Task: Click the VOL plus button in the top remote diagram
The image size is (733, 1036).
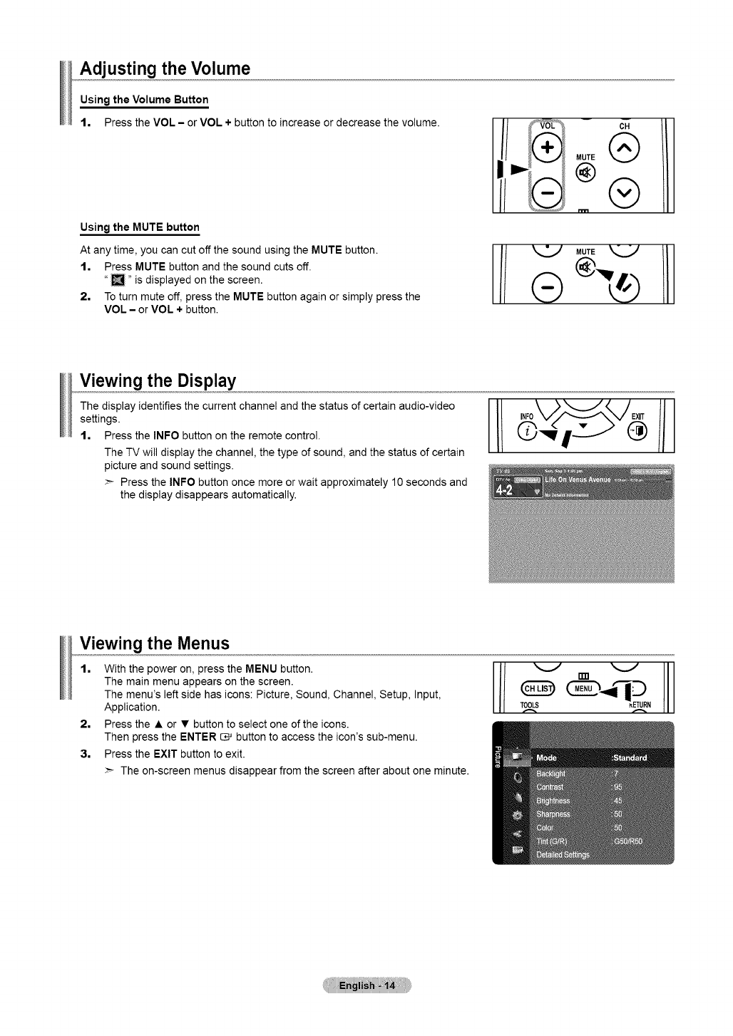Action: tap(548, 148)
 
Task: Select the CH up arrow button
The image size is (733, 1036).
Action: tap(625, 148)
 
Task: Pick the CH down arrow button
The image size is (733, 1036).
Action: tap(625, 190)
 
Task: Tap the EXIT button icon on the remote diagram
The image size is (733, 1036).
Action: tap(637, 432)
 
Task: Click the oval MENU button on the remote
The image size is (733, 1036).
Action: tap(584, 689)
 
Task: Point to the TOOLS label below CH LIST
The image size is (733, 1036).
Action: tap(529, 706)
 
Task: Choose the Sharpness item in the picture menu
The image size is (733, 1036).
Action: tap(553, 814)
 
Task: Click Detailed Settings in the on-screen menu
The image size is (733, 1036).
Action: tap(563, 855)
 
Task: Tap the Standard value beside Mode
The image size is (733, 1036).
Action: tap(630, 757)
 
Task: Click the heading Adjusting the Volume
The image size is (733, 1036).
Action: tap(165, 69)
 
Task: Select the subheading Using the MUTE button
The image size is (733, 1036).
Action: tap(140, 227)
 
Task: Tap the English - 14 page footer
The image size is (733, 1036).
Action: tap(366, 986)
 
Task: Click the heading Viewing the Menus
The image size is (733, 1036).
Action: tap(155, 643)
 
